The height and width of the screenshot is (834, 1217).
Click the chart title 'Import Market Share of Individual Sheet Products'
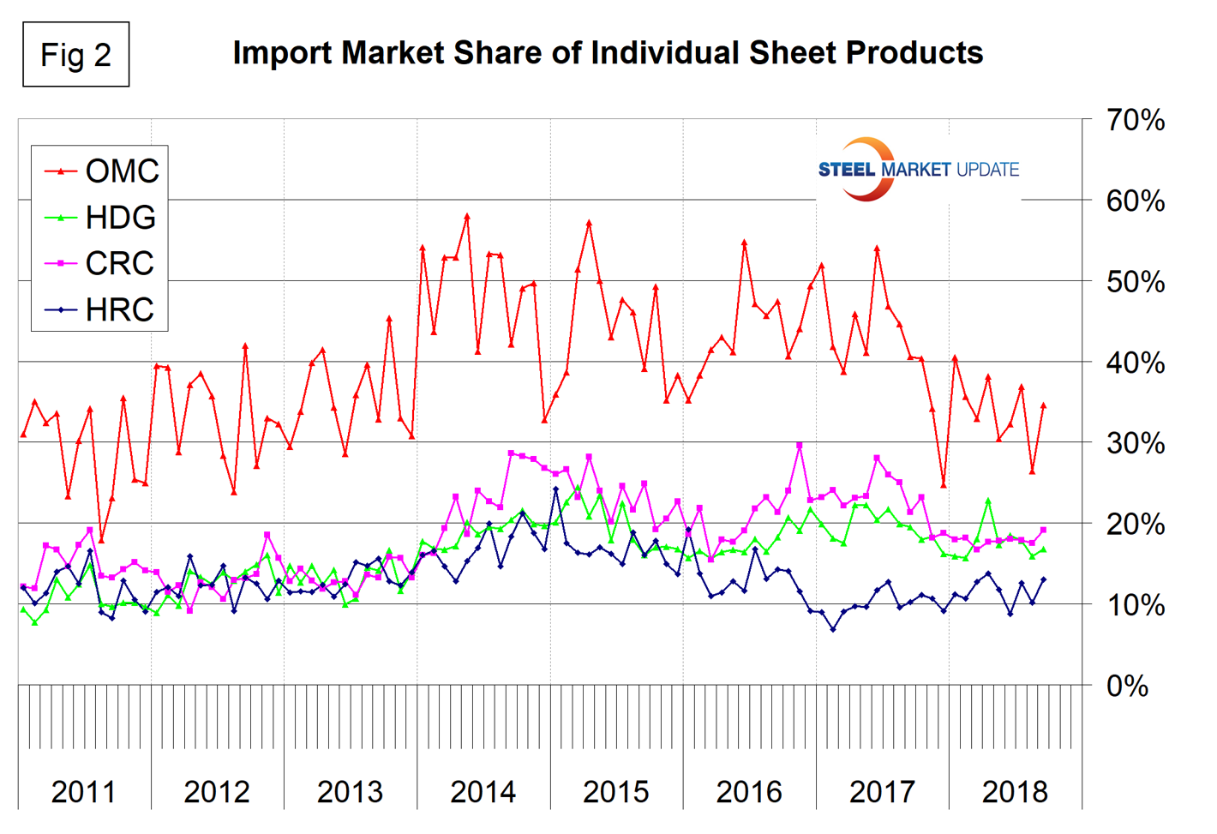tap(608, 53)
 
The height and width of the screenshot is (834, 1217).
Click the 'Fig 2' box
tap(75, 55)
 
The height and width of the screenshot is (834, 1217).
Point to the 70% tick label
tap(1135, 121)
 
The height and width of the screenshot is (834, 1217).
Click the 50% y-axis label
tap(1135, 282)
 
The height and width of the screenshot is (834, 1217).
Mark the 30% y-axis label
tap(1135, 444)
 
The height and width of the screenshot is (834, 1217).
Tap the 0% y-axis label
tap(1127, 687)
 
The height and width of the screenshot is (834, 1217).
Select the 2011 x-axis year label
tap(83, 792)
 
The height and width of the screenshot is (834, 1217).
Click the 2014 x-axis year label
tap(483, 792)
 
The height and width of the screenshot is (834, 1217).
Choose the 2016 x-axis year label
tap(749, 792)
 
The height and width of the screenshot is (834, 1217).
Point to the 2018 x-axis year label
tap(1015, 792)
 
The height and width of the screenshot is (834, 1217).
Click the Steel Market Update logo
tap(918, 169)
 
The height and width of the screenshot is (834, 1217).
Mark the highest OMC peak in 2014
tap(467, 216)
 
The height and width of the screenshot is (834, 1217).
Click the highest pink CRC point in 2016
tap(800, 446)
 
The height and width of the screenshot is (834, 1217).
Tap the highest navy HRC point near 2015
tap(555, 489)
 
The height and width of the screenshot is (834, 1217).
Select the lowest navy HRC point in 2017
tap(832, 629)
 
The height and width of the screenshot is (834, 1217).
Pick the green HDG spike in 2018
tap(988, 501)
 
